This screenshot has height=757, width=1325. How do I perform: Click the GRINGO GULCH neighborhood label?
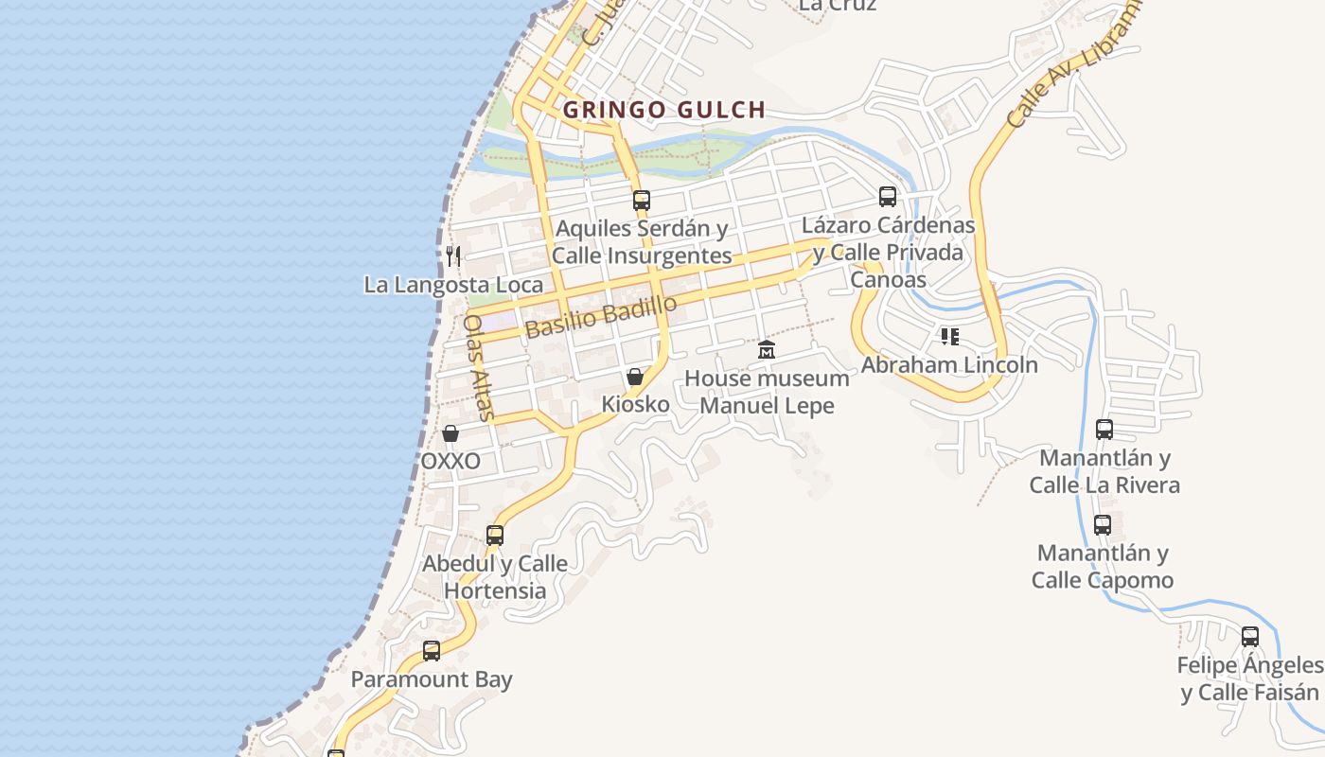[663, 110]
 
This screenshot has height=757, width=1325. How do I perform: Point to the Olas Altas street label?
[479, 366]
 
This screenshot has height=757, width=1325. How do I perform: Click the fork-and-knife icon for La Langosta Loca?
[453, 255]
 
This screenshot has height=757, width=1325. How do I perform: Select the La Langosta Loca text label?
[453, 285]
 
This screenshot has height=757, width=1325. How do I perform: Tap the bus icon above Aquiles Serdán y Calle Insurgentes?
[642, 200]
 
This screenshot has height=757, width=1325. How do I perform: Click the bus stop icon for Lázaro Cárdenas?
[887, 197]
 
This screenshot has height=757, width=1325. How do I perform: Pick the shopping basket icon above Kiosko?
[635, 377]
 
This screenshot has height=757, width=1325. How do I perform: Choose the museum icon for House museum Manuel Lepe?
[767, 350]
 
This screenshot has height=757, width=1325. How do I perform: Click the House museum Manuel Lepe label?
[767, 392]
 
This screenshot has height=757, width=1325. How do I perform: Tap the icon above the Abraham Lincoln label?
[950, 337]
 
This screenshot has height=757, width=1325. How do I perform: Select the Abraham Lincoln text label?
[949, 364]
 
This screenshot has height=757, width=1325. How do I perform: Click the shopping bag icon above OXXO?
[450, 433]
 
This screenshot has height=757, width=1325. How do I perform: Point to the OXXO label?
[450, 462]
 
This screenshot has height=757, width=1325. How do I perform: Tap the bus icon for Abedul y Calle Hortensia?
[495, 536]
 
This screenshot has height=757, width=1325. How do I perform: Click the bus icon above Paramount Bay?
[432, 651]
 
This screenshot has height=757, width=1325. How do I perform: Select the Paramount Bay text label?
[432, 679]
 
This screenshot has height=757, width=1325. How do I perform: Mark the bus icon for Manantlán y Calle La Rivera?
[1104, 430]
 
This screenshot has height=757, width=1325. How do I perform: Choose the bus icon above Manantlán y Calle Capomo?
[1103, 525]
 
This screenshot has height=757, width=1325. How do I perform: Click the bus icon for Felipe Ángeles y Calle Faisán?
[1250, 637]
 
